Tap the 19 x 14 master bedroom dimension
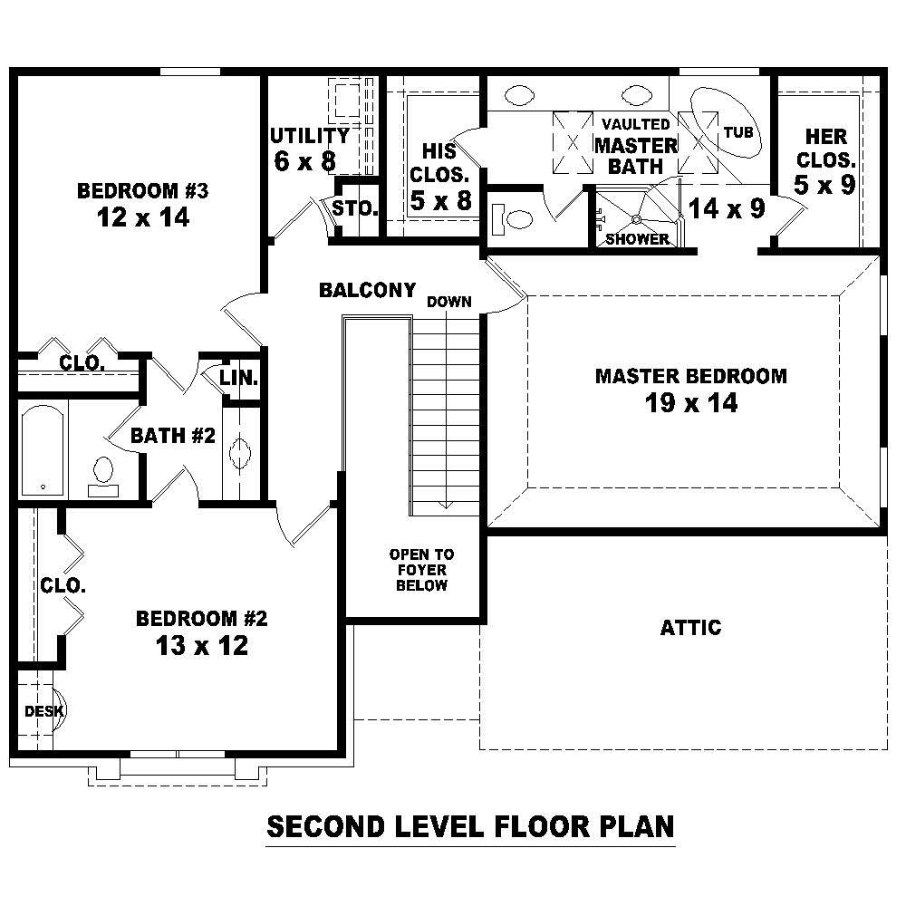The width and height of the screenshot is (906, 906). [690, 403]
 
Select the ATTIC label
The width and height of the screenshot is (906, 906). [690, 627]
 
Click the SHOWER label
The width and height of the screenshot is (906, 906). [637, 239]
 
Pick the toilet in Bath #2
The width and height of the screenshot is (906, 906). [103, 472]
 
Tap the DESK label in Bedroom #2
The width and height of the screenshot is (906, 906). [42, 711]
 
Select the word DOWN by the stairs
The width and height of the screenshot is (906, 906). [449, 302]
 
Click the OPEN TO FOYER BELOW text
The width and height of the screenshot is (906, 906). [421, 570]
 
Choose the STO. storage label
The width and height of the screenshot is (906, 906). [355, 208]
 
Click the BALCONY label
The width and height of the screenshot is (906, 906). [367, 291]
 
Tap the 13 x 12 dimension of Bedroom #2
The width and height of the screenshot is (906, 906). [201, 646]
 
